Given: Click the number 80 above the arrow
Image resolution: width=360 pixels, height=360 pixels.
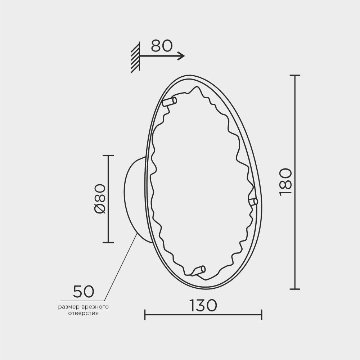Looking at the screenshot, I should point(162,46).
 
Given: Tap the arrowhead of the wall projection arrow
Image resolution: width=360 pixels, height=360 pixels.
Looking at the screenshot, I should point(181,56).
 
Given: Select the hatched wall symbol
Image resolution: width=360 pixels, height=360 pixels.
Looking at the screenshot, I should point(135,58).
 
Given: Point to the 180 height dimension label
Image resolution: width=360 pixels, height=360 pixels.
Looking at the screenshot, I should point(285,182).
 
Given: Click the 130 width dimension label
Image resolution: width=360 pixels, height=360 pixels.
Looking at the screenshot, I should point(203,305).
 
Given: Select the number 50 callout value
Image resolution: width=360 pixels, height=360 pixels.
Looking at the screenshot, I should point(84,291).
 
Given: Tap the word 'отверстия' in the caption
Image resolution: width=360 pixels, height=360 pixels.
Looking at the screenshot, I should point(84,313).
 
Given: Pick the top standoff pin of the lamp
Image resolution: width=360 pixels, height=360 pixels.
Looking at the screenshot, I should point(170,102).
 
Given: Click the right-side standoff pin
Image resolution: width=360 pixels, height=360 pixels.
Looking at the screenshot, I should point(253,202).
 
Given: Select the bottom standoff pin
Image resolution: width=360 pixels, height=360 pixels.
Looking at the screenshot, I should point(198,271).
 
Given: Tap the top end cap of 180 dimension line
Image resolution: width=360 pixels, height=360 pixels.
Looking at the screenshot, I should point(295,76).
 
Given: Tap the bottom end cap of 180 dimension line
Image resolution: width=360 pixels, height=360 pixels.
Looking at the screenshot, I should point(295,289).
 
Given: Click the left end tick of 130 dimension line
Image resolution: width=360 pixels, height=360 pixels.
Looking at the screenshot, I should point(145,314).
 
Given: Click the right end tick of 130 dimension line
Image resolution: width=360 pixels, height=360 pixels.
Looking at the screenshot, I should point(261,314).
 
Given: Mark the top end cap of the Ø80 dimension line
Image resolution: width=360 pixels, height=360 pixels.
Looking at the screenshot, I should point(108,156).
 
